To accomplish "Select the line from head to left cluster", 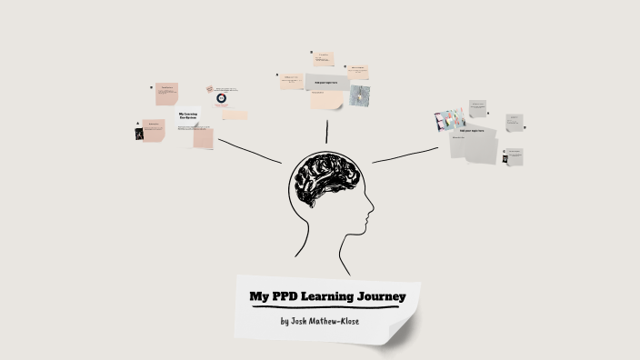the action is point(250,150).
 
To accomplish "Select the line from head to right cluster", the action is point(405,155).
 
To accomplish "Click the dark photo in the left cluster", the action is point(139,134).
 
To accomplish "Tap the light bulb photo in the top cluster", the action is point(359,95).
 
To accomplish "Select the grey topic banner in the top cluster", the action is point(325,83).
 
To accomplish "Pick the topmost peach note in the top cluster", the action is point(323,59).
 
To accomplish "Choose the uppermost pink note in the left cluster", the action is point(166,93).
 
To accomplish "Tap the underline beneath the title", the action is point(324,307).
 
